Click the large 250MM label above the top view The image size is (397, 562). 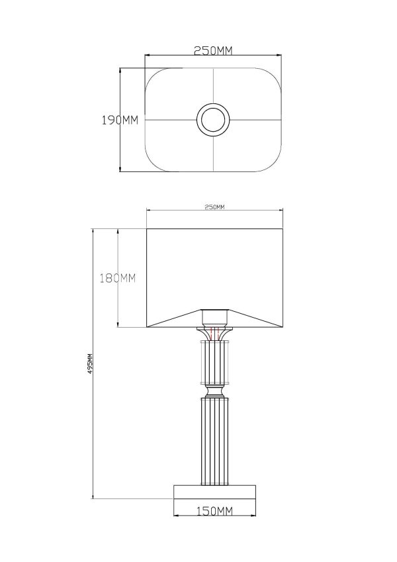[x=213, y=51]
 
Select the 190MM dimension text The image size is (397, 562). [x=120, y=120]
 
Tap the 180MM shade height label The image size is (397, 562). [x=118, y=278]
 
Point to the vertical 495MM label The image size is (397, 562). [x=91, y=364]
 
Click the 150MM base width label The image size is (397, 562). [x=214, y=511]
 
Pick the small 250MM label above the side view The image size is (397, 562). [x=214, y=207]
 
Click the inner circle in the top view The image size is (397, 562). [x=213, y=120]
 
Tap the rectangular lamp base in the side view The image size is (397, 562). [x=214, y=492]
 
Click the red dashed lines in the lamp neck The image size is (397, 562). [x=214, y=334]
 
